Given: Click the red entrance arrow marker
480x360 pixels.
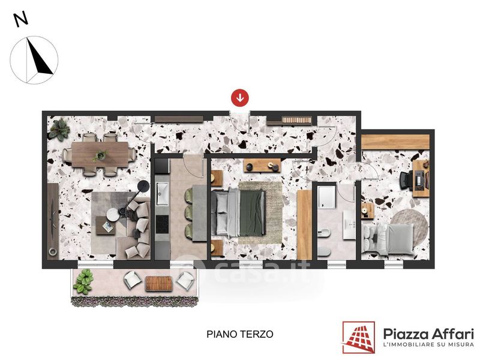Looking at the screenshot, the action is pyautogui.click(x=239, y=98).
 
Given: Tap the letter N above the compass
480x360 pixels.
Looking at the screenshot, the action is pyautogui.click(x=21, y=20).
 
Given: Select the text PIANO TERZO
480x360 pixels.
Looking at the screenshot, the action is pyautogui.click(x=239, y=334).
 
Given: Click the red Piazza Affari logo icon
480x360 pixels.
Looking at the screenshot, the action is pyautogui.click(x=358, y=337).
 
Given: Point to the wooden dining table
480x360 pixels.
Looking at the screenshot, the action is pyautogui.click(x=100, y=155).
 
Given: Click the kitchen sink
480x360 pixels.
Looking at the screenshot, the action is pyautogui.click(x=162, y=193).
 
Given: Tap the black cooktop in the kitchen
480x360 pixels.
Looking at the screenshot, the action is pyautogui.click(x=162, y=224).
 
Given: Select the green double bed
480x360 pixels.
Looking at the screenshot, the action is pyautogui.click(x=238, y=212).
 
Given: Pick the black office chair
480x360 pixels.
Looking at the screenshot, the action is pyautogui.click(x=407, y=181).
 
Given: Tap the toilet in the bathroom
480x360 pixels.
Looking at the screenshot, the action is pyautogui.click(x=324, y=251).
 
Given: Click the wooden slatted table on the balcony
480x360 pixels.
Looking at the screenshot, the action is pyautogui.click(x=158, y=283).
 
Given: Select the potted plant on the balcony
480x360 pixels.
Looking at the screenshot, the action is pyautogui.click(x=83, y=281).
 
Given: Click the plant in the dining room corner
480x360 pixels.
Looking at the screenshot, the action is pyautogui.click(x=59, y=129).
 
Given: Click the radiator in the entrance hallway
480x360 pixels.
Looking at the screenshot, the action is pyautogui.click(x=296, y=120).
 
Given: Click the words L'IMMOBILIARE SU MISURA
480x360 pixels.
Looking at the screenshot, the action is pyautogui.click(x=429, y=344).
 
